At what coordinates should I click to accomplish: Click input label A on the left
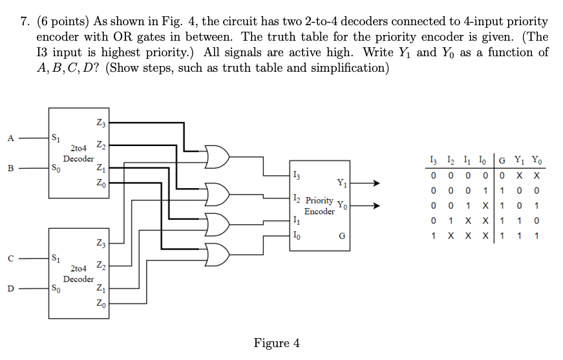pos(10,137)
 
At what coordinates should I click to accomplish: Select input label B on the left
pos(10,169)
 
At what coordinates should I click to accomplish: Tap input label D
pos(10,289)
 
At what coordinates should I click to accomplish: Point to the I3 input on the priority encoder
pos(297,174)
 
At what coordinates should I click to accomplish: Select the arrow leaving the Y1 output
pos(366,184)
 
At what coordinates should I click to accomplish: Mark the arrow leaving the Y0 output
pos(366,207)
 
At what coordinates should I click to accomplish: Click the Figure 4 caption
pos(277,343)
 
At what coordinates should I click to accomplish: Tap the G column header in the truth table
pos(502,161)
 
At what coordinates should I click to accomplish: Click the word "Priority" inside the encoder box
pos(319,200)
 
